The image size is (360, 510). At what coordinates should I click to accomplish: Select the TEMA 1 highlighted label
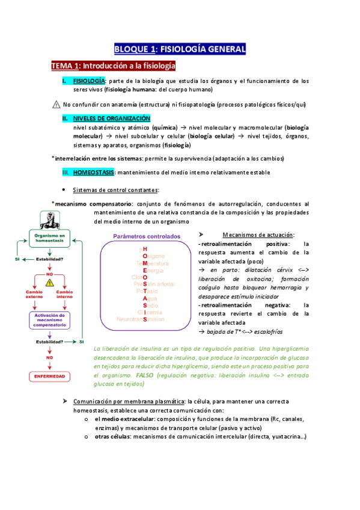pyautogui.click(x=65, y=65)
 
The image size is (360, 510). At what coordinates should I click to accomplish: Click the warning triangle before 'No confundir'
pyautogui.click(x=56, y=104)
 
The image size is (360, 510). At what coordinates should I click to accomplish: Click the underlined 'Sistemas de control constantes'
pyautogui.click(x=115, y=190)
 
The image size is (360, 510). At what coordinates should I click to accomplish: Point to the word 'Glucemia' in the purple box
pyautogui.click(x=150, y=312)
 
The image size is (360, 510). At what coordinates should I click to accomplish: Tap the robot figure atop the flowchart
pyautogui.click(x=48, y=219)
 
